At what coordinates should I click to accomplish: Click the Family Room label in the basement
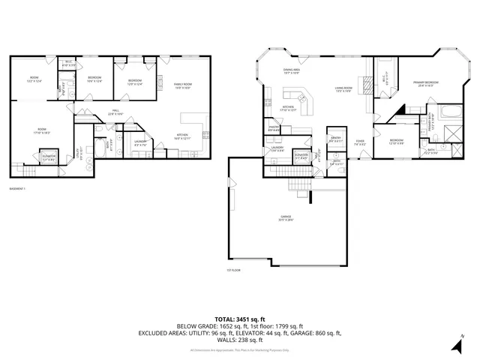(182, 86)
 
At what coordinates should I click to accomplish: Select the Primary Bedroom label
(427, 84)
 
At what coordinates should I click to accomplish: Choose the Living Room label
(343, 90)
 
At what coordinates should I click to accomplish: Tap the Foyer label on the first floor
(361, 142)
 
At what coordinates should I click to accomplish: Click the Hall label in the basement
(116, 112)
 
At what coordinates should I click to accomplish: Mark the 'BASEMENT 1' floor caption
(18, 187)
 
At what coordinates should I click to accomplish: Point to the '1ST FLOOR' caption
(234, 270)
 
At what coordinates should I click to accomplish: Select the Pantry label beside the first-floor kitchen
(274, 130)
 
